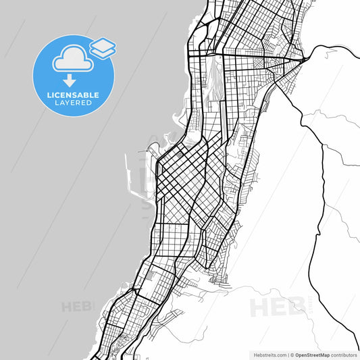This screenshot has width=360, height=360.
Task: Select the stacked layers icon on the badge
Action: click(x=103, y=47)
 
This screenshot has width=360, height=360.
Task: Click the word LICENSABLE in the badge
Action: click(x=74, y=95)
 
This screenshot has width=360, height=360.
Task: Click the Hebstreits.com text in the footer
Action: click(x=268, y=355)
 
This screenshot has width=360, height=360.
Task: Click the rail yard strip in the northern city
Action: click(x=217, y=81)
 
